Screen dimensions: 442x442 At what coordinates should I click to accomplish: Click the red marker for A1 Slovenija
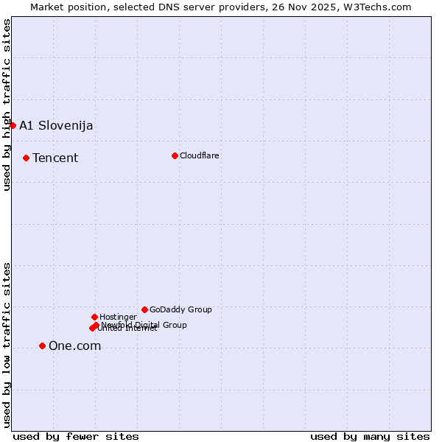(x=13, y=125)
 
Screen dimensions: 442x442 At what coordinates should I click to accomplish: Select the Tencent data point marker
(x=26, y=158)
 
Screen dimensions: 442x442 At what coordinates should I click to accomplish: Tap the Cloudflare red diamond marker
(x=175, y=155)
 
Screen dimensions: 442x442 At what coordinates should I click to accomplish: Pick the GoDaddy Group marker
(x=144, y=309)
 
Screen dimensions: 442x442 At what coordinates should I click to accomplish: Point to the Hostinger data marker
(x=94, y=317)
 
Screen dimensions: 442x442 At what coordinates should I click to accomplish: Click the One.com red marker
(x=42, y=345)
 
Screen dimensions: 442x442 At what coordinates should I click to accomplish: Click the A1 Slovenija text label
(x=56, y=125)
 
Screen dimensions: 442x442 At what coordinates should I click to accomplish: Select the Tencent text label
(x=55, y=158)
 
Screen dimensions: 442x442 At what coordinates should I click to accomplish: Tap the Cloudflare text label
(x=200, y=155)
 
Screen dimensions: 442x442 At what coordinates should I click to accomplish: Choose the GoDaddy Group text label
(x=180, y=309)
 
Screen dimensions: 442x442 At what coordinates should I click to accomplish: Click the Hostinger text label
(x=118, y=317)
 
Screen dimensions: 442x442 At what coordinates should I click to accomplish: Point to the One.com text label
(x=74, y=345)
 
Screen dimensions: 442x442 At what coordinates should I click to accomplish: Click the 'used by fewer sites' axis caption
(x=76, y=436)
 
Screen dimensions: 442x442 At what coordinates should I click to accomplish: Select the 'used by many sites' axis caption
(x=370, y=436)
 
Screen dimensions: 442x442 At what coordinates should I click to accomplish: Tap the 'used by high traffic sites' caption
(x=7, y=105)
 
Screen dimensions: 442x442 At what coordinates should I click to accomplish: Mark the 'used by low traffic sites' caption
(x=7, y=345)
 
